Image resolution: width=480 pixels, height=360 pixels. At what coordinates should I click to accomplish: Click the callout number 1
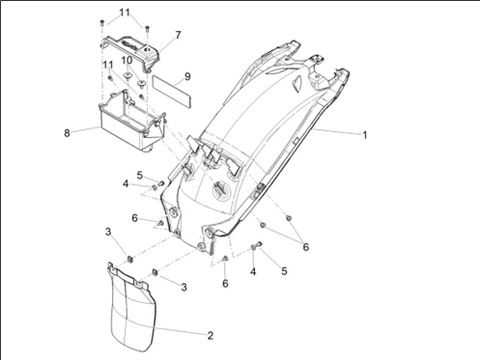coord(365,135)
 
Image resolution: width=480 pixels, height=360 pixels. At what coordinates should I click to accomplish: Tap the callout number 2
coord(211,336)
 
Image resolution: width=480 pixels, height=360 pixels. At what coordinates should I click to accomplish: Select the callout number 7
coord(178,35)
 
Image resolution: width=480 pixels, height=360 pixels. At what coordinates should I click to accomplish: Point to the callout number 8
coord(67,133)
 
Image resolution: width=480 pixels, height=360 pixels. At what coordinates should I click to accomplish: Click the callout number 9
coord(187,76)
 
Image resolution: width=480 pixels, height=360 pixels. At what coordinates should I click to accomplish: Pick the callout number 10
coord(127,60)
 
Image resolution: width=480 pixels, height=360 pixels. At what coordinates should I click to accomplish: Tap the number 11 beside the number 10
coord(108,65)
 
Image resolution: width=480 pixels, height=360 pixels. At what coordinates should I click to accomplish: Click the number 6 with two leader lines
coord(305,247)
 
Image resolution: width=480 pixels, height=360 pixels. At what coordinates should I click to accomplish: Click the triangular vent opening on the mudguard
coord(296,82)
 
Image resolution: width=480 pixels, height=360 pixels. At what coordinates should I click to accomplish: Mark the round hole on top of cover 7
coord(148,49)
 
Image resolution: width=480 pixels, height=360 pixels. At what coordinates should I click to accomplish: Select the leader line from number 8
coord(86,129)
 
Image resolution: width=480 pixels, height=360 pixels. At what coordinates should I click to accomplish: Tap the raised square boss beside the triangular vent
coord(316,80)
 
